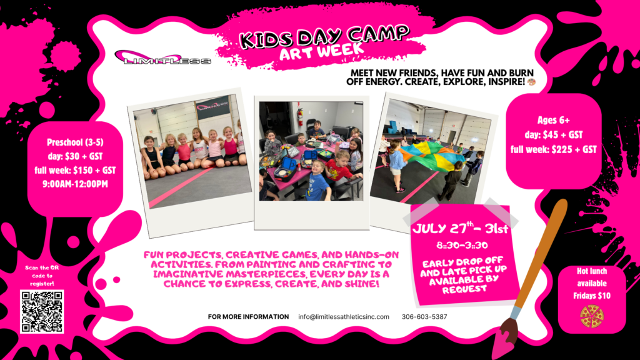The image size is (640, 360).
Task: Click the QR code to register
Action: click(42, 311)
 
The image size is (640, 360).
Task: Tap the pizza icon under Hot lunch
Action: click(592, 317)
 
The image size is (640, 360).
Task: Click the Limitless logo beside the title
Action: click(163, 58)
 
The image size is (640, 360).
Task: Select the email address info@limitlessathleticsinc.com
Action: click(344, 317)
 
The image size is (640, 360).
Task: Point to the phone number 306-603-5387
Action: click(424, 317)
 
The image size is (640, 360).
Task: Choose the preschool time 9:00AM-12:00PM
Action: click(76, 184)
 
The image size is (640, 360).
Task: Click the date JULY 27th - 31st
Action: click(461, 228)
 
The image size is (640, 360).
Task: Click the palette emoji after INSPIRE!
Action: click(531, 82)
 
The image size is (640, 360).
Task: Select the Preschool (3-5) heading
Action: click(75, 142)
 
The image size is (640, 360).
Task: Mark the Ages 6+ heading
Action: click(554, 120)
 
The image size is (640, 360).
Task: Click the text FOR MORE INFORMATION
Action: click(248, 317)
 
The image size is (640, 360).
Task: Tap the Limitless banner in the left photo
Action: click(212, 107)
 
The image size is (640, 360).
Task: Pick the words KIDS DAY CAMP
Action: click(324, 36)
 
